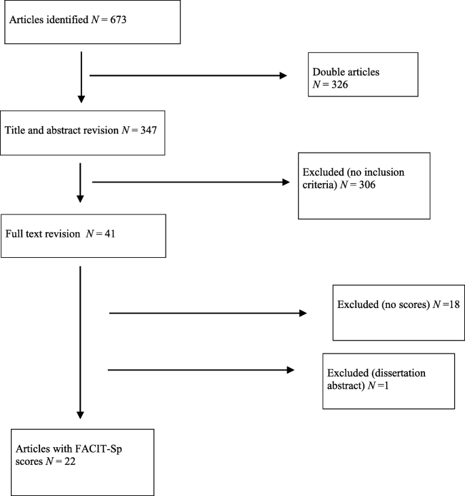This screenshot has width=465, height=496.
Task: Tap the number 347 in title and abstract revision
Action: coord(148,130)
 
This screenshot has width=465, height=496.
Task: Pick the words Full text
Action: coord(26,235)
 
